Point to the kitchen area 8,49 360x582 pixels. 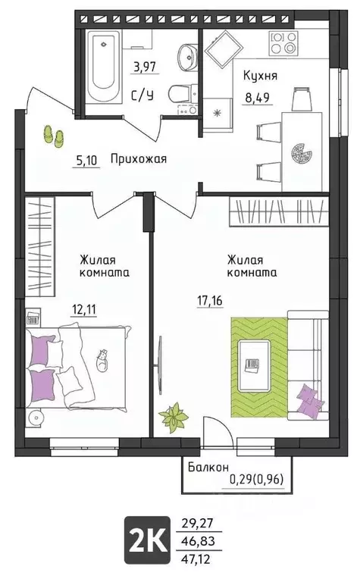(x=258, y=95)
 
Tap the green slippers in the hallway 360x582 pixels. (x=54, y=135)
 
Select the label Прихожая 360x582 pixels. (x=138, y=159)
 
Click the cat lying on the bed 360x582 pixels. (x=100, y=358)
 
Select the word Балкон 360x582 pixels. (x=209, y=468)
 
